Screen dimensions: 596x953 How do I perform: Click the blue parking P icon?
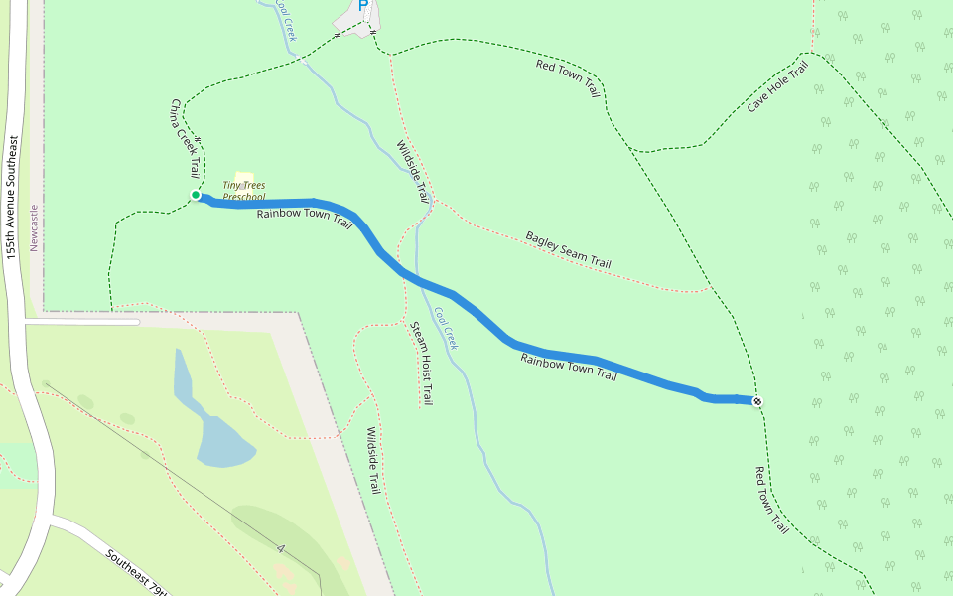click(x=363, y=6)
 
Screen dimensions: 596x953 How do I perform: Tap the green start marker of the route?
click(x=197, y=196)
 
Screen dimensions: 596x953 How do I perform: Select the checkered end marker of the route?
click(x=757, y=401)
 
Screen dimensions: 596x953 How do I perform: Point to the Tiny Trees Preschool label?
click(x=242, y=191)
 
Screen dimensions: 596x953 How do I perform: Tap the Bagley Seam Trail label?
click(x=568, y=249)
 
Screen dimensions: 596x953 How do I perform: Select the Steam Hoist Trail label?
click(x=422, y=363)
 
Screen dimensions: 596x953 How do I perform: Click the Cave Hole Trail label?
click(x=778, y=86)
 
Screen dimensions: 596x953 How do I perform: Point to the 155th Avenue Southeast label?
click(x=12, y=198)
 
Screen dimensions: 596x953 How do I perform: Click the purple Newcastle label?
click(x=34, y=227)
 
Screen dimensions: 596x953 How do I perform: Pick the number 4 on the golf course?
click(x=282, y=548)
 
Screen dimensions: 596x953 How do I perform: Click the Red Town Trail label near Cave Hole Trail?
click(x=569, y=78)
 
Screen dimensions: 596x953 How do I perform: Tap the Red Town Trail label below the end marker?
click(x=771, y=501)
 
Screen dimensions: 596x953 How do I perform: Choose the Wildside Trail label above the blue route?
click(x=412, y=172)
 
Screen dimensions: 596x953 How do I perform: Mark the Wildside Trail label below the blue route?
click(x=373, y=461)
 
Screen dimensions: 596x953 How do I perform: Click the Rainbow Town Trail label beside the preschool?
click(x=305, y=218)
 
